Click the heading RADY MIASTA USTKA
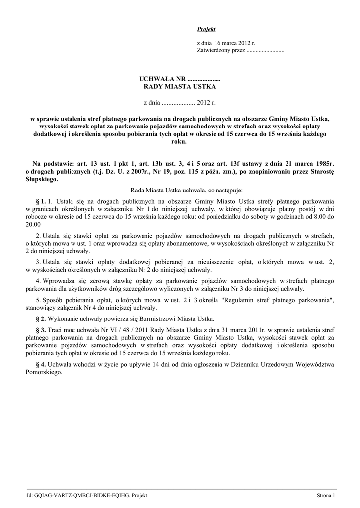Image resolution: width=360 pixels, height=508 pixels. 180,87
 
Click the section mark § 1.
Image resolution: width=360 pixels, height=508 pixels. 41,201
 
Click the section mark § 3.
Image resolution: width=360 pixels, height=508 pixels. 41,330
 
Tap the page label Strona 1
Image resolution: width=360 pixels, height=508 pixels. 326,496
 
